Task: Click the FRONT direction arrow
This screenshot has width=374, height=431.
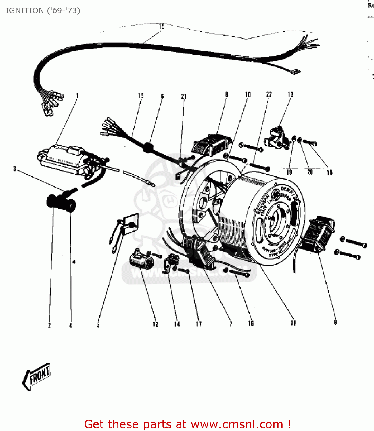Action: click(37, 376)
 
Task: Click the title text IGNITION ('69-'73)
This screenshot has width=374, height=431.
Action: click(43, 11)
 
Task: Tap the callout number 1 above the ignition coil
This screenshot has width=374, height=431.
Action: click(77, 96)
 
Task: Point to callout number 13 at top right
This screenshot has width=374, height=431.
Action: click(290, 94)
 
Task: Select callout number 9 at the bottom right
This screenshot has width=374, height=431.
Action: click(335, 322)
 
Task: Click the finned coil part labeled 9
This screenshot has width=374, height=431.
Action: click(318, 234)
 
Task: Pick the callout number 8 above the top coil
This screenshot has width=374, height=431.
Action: click(227, 94)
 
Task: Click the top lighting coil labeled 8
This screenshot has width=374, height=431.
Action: click(212, 145)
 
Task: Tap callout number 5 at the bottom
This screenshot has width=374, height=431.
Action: click(98, 325)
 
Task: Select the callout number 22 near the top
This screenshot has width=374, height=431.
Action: click(269, 94)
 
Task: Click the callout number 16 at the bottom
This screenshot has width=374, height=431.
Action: click(251, 323)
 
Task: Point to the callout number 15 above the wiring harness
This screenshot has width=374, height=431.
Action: click(162, 26)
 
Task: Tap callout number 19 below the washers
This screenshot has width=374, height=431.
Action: click(289, 172)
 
